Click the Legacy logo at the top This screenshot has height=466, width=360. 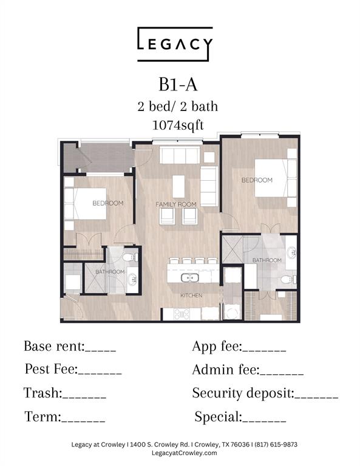click(175, 44)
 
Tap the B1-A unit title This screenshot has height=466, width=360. click(178, 85)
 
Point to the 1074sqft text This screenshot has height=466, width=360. click(178, 125)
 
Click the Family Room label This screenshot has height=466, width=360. click(176, 204)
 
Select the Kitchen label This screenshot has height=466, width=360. click(191, 295)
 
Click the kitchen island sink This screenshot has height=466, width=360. click(189, 278)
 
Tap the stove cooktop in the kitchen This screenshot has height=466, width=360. click(182, 314)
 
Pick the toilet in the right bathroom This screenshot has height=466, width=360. click(288, 279)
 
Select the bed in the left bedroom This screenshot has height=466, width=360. click(86, 204)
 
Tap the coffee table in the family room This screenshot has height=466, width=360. click(178, 186)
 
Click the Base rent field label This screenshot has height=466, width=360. click(55, 346)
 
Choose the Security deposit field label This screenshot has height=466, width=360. click(243, 393)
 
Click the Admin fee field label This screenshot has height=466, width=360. click(226, 370)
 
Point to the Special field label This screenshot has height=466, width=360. click(219, 417)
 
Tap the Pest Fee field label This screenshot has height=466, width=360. click(51, 369)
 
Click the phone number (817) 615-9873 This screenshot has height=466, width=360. click(276, 445)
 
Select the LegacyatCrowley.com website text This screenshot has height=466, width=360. click(185, 453)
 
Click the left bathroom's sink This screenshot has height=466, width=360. click(132, 279)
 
